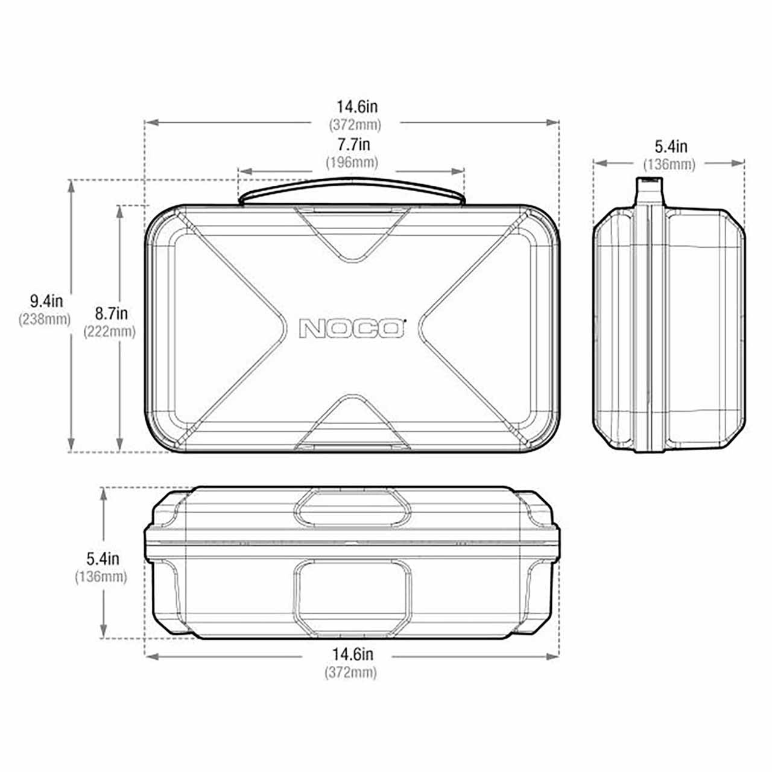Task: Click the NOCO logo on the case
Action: (x=352, y=327)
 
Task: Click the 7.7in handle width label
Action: (x=353, y=144)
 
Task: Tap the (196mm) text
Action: (x=352, y=162)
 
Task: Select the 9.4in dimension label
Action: (x=46, y=302)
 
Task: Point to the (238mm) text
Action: (x=45, y=319)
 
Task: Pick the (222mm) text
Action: (x=109, y=332)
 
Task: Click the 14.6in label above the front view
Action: (x=357, y=107)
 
